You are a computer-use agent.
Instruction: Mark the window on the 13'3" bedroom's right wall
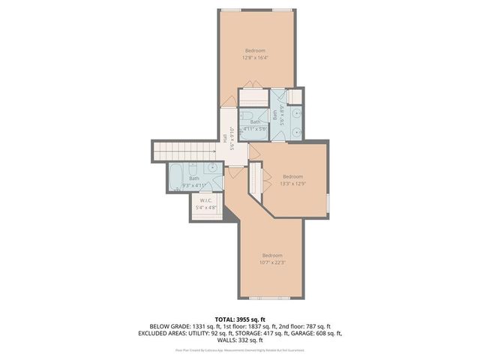[328, 202]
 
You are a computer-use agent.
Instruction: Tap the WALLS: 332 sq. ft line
[239, 340]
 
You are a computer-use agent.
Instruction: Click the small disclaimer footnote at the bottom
[239, 349]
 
